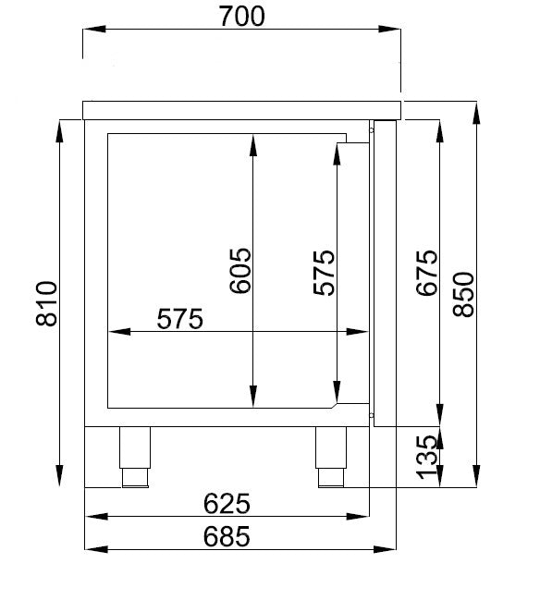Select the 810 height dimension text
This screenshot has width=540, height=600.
click(x=47, y=303)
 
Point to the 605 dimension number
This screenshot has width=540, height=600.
click(x=239, y=270)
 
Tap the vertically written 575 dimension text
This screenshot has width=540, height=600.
click(x=324, y=273)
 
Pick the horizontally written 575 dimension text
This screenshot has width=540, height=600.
click(x=179, y=319)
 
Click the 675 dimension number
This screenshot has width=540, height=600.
click(x=426, y=273)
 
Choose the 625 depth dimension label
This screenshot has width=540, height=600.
click(x=227, y=504)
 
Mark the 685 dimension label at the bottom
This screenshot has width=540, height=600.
click(x=227, y=536)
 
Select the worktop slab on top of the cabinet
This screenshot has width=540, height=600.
click(x=243, y=110)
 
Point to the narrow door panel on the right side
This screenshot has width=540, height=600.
click(x=384, y=273)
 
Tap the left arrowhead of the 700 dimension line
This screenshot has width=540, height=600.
click(x=90, y=30)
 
